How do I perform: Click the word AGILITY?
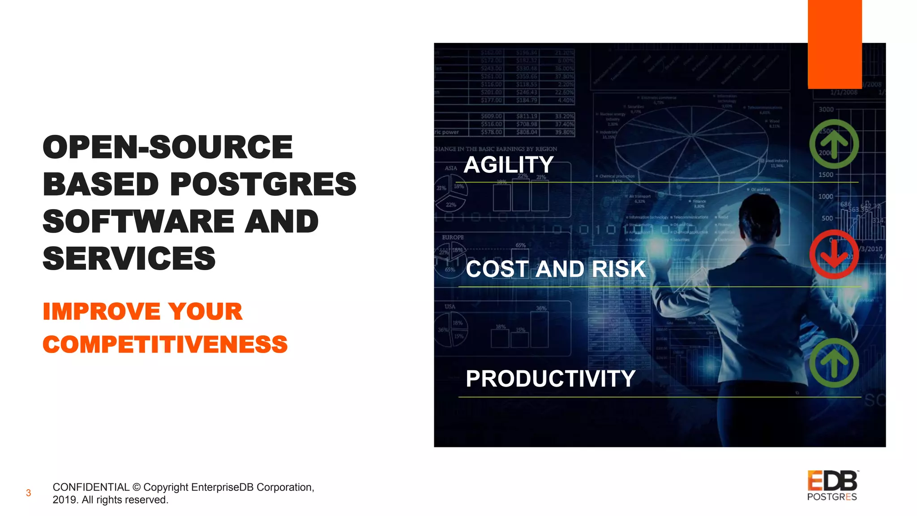point(509,165)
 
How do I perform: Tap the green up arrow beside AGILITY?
point(834,144)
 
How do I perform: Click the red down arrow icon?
point(834,254)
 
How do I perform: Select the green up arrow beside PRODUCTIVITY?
point(834,363)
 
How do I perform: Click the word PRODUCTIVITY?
point(550,379)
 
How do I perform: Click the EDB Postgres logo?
point(832,486)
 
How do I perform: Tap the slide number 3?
point(28,493)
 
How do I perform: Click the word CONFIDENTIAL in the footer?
point(91,487)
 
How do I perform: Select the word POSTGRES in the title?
point(263,184)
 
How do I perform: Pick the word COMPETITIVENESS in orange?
point(165,344)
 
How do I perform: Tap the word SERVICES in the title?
point(129,258)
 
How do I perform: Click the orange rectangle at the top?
point(835,44)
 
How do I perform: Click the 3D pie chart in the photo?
point(692,143)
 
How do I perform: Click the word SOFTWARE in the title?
point(138,221)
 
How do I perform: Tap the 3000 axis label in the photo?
point(826,109)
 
